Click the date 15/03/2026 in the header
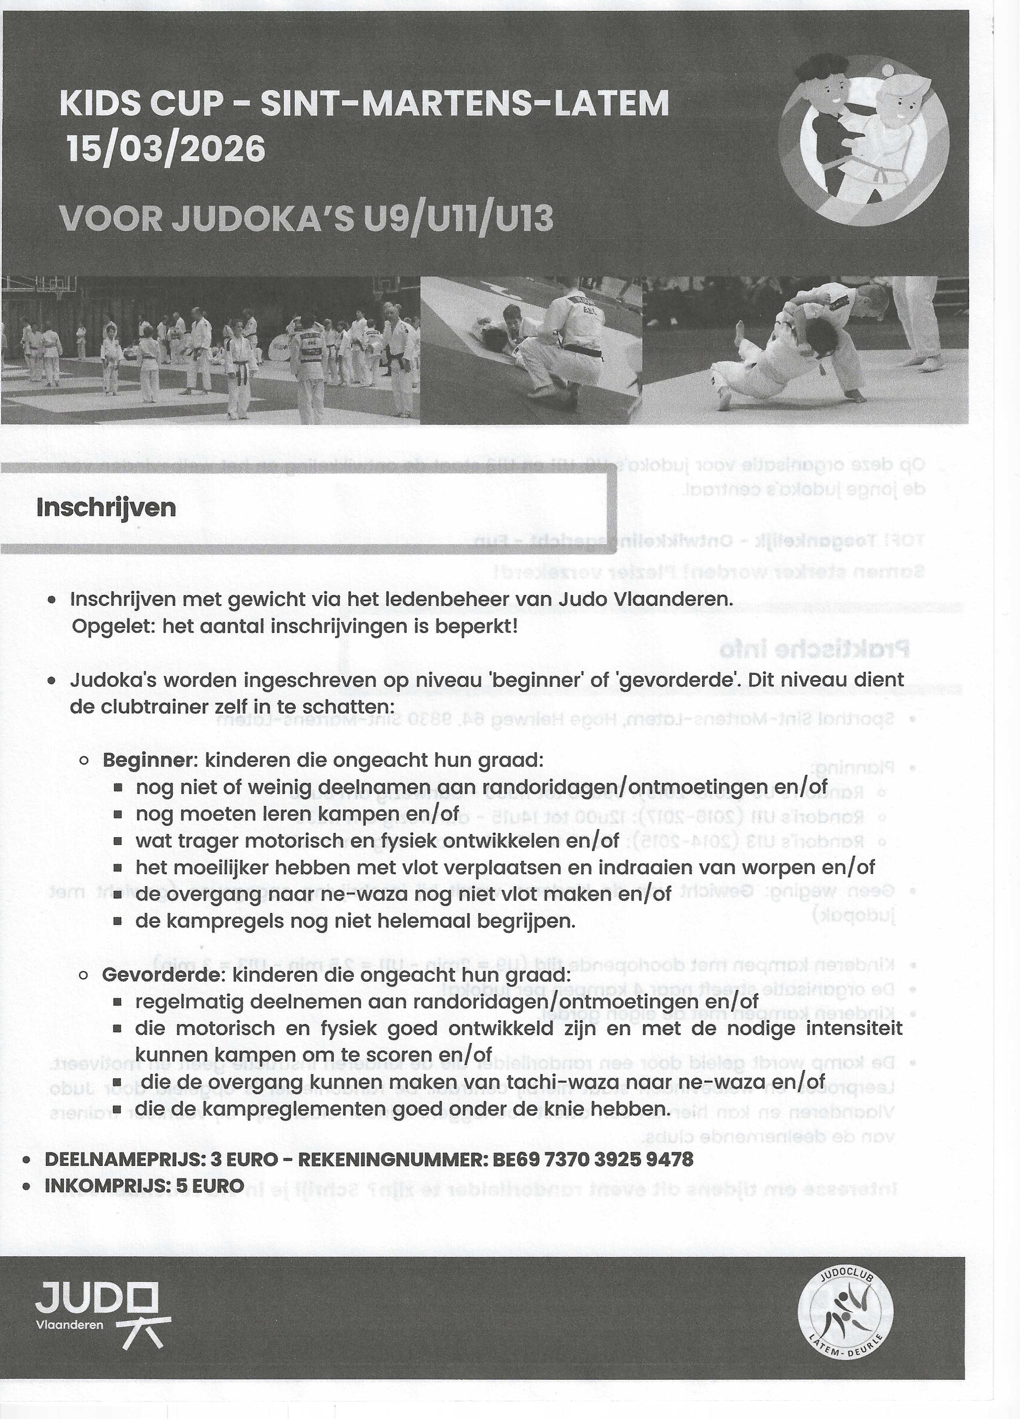166,150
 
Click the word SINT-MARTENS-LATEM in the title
464,104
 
